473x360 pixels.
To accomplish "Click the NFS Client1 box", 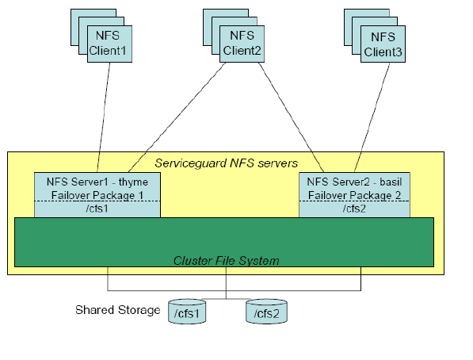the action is pos(109,44).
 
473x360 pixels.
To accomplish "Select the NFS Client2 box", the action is pos(242,44).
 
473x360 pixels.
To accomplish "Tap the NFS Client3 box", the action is pos(383,44).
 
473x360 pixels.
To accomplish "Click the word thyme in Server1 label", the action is pos(133,182).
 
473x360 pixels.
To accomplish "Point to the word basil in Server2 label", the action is pos(391,182).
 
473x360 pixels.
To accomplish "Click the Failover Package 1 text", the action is pos(97,195).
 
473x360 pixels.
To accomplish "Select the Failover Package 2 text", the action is pos(354,195).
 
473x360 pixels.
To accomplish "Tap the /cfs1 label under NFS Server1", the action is pos(97,209).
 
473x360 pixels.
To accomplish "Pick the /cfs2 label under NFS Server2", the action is pos(354,209).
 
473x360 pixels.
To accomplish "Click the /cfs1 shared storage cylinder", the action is pos(187,312).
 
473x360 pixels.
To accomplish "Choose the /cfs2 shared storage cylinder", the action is pos(266,312).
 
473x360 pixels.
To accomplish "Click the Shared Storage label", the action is pos(117,310).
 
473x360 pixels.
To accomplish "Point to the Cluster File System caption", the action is pos(227,261).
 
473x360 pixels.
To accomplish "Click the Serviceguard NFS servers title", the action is pos(227,163).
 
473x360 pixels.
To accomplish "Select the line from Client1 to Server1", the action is pos(103,117).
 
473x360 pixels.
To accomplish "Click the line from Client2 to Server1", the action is pos(177,117).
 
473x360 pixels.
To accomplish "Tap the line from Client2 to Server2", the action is pos(292,117).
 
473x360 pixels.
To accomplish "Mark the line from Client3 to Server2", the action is pos(372,117).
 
